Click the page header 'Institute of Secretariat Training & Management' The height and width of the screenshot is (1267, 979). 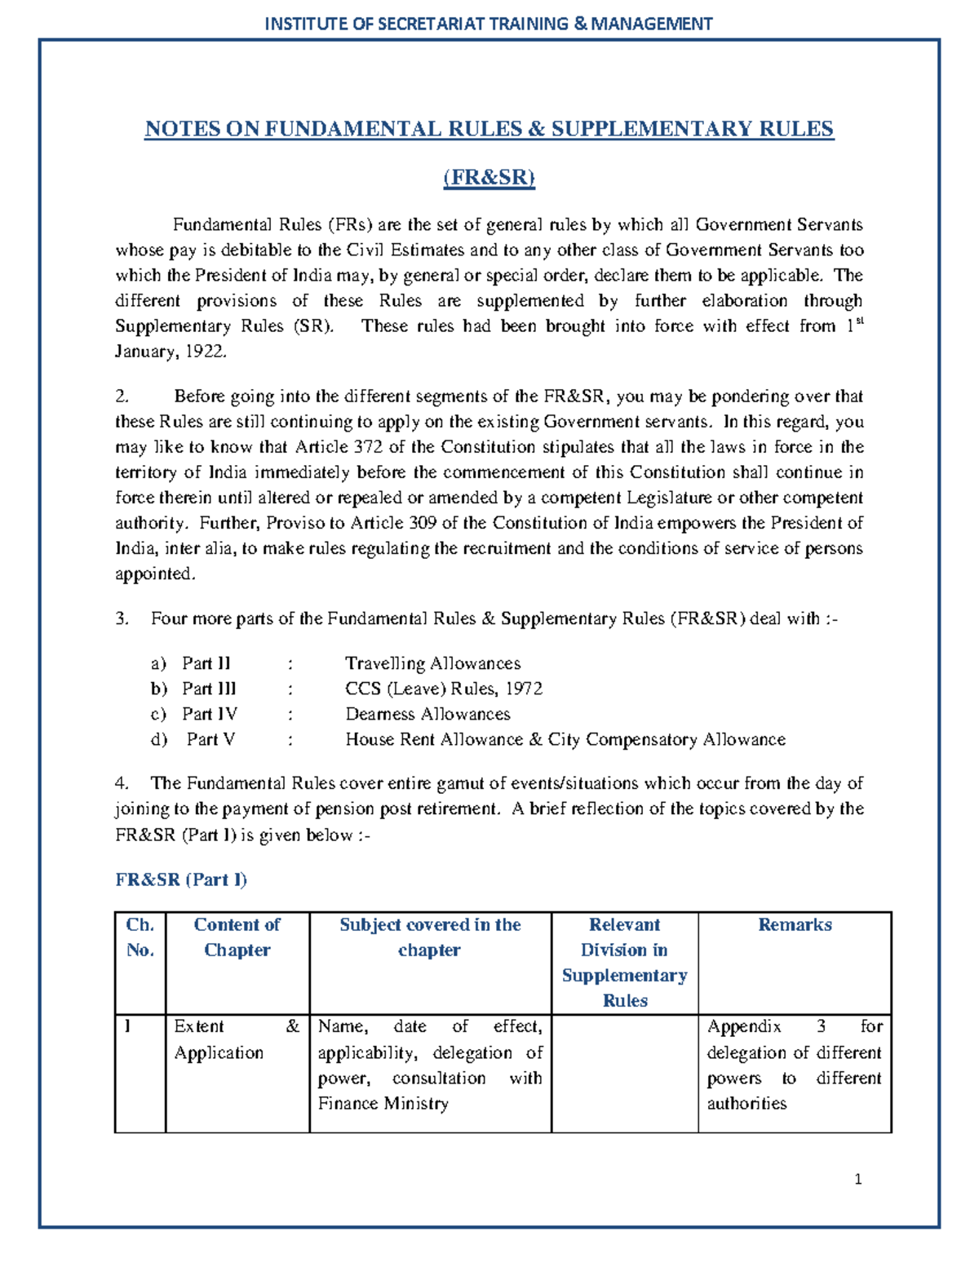tap(489, 24)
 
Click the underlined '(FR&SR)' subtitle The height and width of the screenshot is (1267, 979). tap(489, 178)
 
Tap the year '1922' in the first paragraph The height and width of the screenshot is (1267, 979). tap(205, 352)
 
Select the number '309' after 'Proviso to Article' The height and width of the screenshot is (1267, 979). tap(422, 523)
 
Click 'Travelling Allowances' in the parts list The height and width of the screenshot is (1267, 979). tap(432, 663)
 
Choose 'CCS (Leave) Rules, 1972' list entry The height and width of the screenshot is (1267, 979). tap(443, 689)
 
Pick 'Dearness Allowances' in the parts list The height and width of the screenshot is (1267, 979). tap(427, 714)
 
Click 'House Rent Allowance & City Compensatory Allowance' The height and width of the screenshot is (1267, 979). tap(565, 739)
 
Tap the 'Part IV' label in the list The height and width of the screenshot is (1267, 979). tap(210, 714)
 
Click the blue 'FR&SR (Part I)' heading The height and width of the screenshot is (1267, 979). tap(181, 879)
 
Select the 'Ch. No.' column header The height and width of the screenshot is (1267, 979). tap(140, 937)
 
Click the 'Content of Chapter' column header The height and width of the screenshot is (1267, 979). tap(237, 937)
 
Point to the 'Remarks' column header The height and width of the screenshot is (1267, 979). tap(795, 924)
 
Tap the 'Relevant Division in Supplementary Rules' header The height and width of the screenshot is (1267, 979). tap(625, 963)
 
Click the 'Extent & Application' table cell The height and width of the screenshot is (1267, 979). tap(237, 1039)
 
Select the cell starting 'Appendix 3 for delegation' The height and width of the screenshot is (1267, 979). tap(794, 1065)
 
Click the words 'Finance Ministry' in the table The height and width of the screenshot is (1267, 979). tap(383, 1104)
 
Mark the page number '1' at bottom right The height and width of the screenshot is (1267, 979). tap(858, 1179)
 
